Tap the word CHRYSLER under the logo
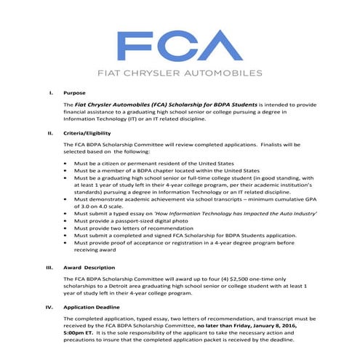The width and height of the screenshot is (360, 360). [x=161, y=73]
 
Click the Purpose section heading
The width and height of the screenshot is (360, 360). [x=76, y=93]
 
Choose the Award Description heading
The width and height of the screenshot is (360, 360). [x=92, y=268]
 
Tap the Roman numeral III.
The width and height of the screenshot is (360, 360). [x=49, y=268]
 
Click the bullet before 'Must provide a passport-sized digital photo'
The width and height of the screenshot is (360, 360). [x=67, y=223]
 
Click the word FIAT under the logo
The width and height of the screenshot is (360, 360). [x=111, y=73]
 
